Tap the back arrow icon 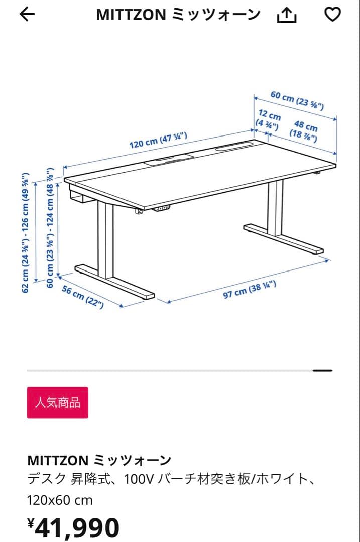point(27,15)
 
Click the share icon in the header point(287,16)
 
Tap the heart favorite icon point(332,15)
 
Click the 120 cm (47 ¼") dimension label point(158,140)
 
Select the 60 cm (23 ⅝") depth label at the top point(297,100)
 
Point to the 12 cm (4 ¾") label point(268,119)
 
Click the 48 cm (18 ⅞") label point(304,132)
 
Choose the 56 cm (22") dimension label point(83,297)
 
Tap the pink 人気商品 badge point(57,402)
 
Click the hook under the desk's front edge point(138,212)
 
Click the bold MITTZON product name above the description point(99,460)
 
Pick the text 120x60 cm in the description point(60,500)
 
